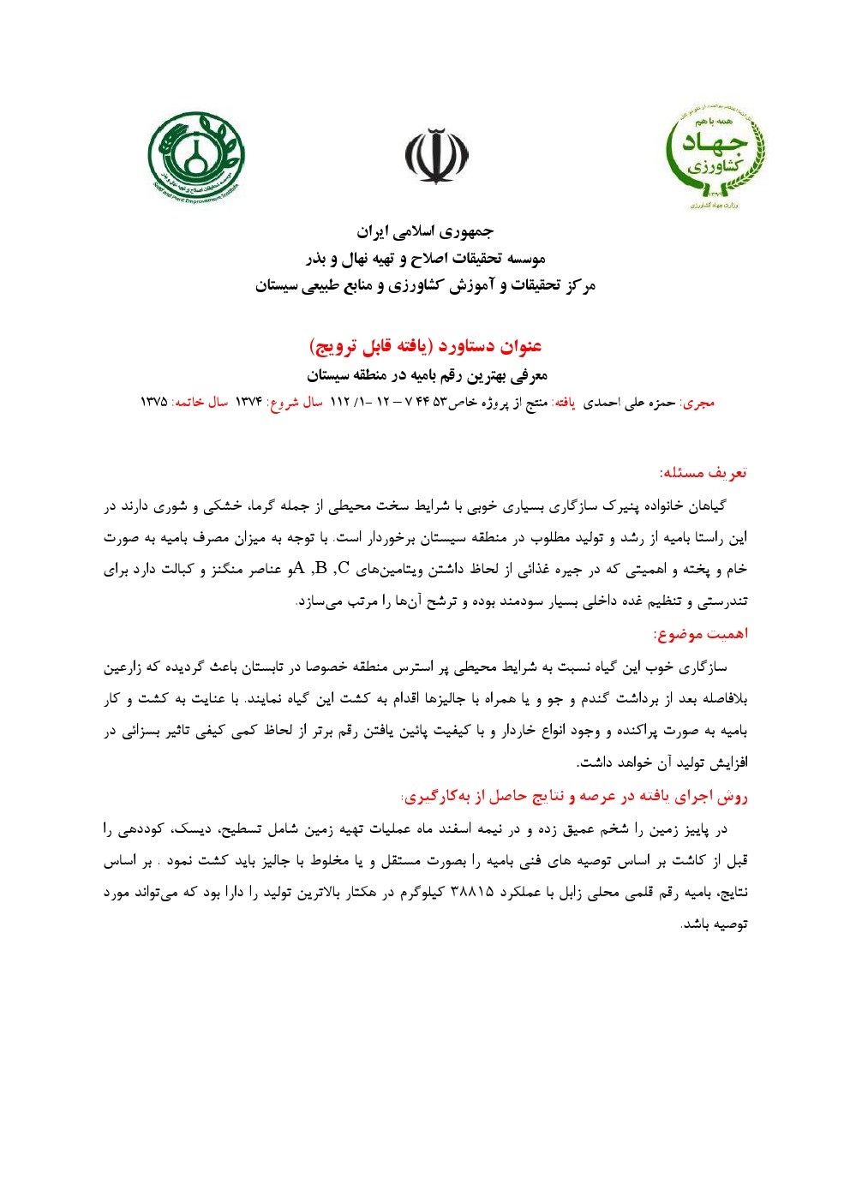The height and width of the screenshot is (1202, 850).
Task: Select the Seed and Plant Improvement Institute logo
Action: [196, 154]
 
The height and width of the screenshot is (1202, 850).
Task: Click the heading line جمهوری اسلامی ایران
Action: [426, 231]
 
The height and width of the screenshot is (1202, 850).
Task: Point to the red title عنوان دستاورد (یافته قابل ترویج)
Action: [425, 346]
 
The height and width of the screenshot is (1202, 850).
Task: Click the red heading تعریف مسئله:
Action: [703, 472]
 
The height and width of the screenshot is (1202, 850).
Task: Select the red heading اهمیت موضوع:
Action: [700, 634]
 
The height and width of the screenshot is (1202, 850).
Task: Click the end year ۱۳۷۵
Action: [153, 402]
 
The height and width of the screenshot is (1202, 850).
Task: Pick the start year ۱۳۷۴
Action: [248, 402]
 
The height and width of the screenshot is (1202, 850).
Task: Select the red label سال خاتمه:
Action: [201, 402]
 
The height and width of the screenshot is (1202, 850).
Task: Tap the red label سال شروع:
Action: [295, 402]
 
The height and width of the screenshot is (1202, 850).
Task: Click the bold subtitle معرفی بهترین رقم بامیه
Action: [427, 375]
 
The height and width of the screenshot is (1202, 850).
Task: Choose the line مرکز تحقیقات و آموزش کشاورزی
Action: [425, 285]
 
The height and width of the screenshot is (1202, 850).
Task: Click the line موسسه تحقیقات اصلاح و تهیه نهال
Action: [426, 258]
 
